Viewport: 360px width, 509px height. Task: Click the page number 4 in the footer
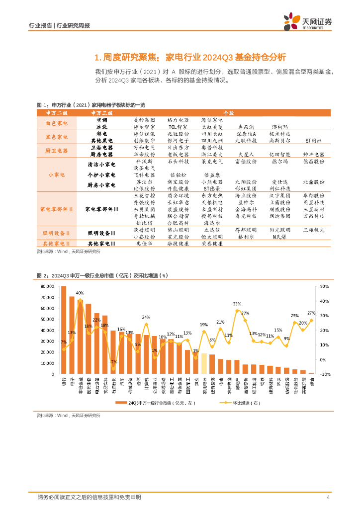click(x=328, y=497)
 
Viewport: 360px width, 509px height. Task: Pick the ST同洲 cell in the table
click(x=313, y=141)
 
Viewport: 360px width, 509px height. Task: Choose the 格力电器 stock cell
click(x=178, y=120)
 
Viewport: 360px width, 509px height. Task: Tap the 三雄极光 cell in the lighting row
click(x=313, y=230)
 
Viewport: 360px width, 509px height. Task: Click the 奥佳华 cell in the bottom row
click(x=145, y=244)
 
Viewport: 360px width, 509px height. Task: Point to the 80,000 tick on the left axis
click(x=46, y=286)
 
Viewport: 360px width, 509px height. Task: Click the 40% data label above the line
click(x=80, y=293)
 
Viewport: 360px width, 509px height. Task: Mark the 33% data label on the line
click(x=237, y=304)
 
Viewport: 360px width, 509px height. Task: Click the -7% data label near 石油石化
click(x=113, y=362)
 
